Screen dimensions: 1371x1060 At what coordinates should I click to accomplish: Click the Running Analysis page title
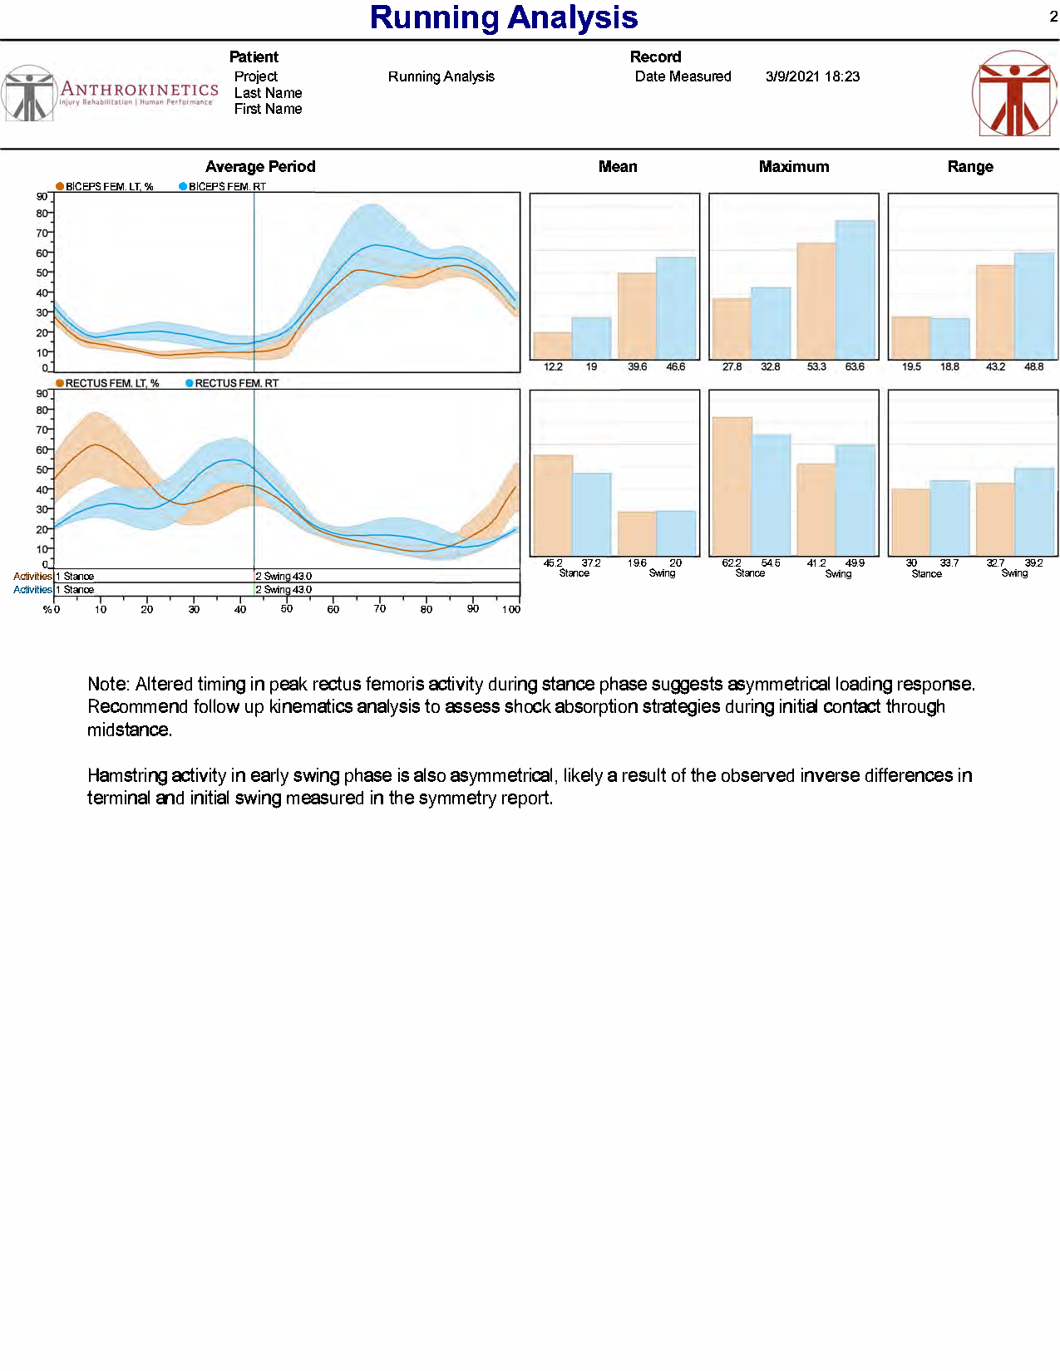click(x=503, y=17)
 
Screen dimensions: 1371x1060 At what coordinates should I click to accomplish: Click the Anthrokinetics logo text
click(x=139, y=89)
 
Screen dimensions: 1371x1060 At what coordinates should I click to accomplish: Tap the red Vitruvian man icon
click(x=1013, y=94)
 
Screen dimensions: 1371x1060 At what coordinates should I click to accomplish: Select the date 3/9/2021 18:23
click(x=812, y=76)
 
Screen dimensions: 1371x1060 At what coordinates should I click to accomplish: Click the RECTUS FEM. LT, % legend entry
click(x=111, y=383)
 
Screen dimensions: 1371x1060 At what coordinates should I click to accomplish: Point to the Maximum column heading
click(x=793, y=167)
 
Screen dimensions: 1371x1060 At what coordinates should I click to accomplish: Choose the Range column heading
click(x=969, y=167)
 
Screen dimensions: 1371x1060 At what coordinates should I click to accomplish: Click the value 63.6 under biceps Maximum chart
click(x=855, y=366)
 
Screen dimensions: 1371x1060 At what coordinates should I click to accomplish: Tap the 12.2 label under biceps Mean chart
click(x=553, y=366)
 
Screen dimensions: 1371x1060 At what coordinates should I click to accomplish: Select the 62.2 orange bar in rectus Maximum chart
click(x=732, y=486)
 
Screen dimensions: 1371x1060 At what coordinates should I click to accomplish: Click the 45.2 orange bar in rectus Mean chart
click(x=553, y=505)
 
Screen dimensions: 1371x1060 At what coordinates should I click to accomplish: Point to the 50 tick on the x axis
click(x=287, y=609)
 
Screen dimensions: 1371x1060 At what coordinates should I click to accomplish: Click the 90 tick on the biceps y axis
click(x=42, y=197)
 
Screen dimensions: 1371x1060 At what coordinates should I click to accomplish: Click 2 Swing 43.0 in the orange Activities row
click(x=283, y=576)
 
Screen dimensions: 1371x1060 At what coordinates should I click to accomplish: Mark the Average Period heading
click(x=260, y=167)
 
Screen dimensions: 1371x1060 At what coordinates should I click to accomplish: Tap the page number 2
click(x=1053, y=17)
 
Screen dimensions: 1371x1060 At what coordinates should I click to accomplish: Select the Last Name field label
click(x=268, y=93)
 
